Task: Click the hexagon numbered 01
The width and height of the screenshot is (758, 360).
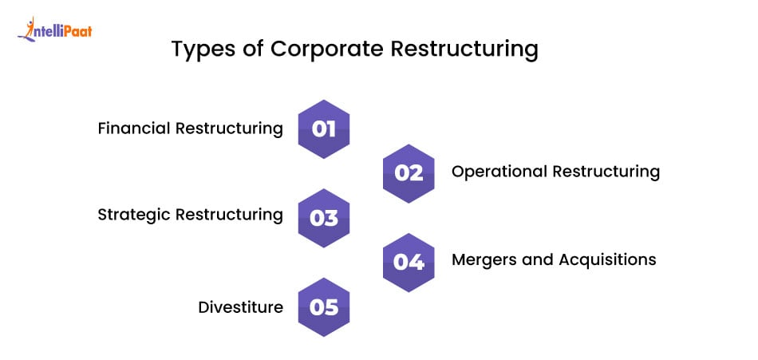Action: click(x=324, y=129)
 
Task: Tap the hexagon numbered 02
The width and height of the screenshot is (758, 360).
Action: click(x=409, y=173)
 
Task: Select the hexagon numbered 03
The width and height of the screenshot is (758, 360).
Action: click(x=324, y=217)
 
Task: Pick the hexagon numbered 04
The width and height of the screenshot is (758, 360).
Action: click(x=409, y=261)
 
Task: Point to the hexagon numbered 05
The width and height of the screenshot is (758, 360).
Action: click(x=324, y=307)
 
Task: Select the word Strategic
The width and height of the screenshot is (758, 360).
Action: click(x=133, y=215)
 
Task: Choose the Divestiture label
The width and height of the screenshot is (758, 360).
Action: click(x=240, y=307)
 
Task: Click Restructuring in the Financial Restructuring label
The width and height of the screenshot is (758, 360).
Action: click(x=229, y=129)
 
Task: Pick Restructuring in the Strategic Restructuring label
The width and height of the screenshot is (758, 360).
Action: click(x=229, y=215)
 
